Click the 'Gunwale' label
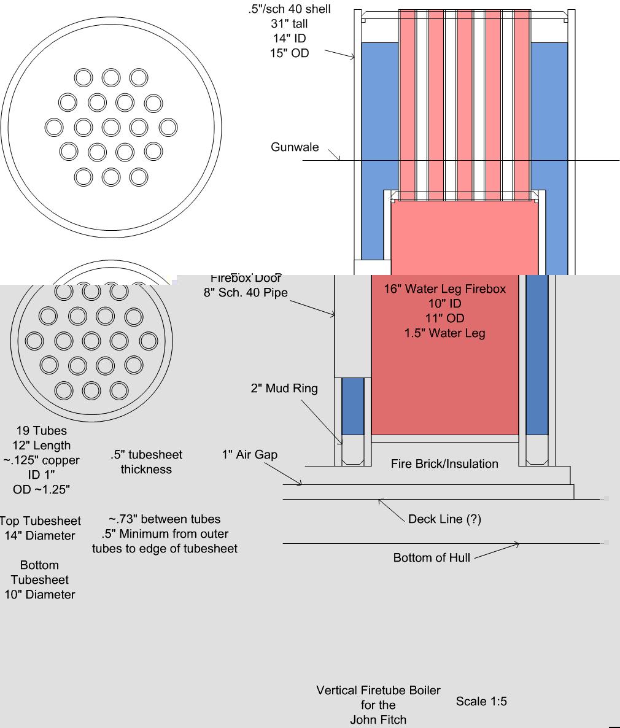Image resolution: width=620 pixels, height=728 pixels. tap(295, 147)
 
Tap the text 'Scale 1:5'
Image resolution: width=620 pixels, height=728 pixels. tap(481, 701)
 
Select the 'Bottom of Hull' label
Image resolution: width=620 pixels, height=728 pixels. tap(432, 557)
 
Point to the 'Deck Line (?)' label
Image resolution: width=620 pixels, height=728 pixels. tap(444, 519)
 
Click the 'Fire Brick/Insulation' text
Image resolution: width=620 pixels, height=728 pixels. tap(444, 463)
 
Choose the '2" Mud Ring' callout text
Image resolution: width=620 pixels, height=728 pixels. tap(284, 389)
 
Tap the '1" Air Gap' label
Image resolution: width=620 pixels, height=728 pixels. tap(249, 455)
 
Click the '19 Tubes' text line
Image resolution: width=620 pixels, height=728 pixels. tap(42, 431)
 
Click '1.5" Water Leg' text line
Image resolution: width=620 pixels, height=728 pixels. tap(444, 333)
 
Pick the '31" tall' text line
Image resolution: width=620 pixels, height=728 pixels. tap(290, 24)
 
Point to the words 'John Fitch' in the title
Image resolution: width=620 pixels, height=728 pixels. tap(378, 719)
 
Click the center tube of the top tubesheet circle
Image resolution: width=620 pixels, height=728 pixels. tap(110, 127)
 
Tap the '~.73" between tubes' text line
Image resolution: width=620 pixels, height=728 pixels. tap(165, 519)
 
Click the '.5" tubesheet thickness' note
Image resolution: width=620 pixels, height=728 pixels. tap(146, 462)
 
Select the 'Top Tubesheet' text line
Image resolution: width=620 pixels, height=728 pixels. tap(41, 521)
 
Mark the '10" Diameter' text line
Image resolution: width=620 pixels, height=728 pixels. tap(40, 594)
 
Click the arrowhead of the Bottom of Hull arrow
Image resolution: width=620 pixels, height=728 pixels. tap(517, 544)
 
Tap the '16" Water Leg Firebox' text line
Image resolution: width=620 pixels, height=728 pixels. tap(444, 288)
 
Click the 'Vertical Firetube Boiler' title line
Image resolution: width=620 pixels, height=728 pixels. tap(378, 690)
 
